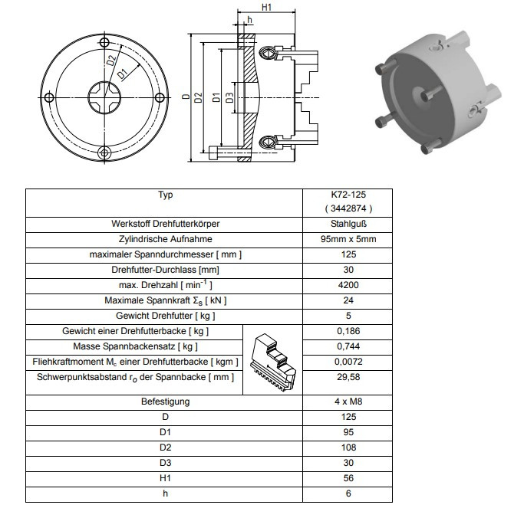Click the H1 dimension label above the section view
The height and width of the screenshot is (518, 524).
click(266, 7)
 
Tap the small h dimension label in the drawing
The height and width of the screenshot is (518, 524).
click(249, 20)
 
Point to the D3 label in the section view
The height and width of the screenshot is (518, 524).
click(229, 98)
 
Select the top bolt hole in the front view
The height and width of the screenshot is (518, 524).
click(104, 43)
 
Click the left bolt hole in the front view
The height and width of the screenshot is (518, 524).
click(49, 98)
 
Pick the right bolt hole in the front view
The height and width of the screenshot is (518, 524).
click(160, 98)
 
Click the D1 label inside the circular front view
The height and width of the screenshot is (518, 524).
click(123, 74)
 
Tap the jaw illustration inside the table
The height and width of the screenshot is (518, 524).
click(272, 362)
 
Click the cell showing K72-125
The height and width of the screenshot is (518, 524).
click(348, 195)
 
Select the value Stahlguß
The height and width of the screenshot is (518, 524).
click(348, 224)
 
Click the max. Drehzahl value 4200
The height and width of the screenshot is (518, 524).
click(348, 285)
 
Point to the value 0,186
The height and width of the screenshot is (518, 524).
click(348, 331)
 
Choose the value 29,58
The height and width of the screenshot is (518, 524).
click(348, 377)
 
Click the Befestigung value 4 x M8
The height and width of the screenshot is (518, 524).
click(348, 402)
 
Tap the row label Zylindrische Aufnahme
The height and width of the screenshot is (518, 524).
click(165, 239)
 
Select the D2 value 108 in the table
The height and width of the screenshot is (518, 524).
click(348, 448)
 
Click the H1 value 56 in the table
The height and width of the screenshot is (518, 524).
click(348, 478)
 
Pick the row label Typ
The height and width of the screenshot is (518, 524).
click(165, 195)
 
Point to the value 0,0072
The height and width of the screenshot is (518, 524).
click(348, 362)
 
